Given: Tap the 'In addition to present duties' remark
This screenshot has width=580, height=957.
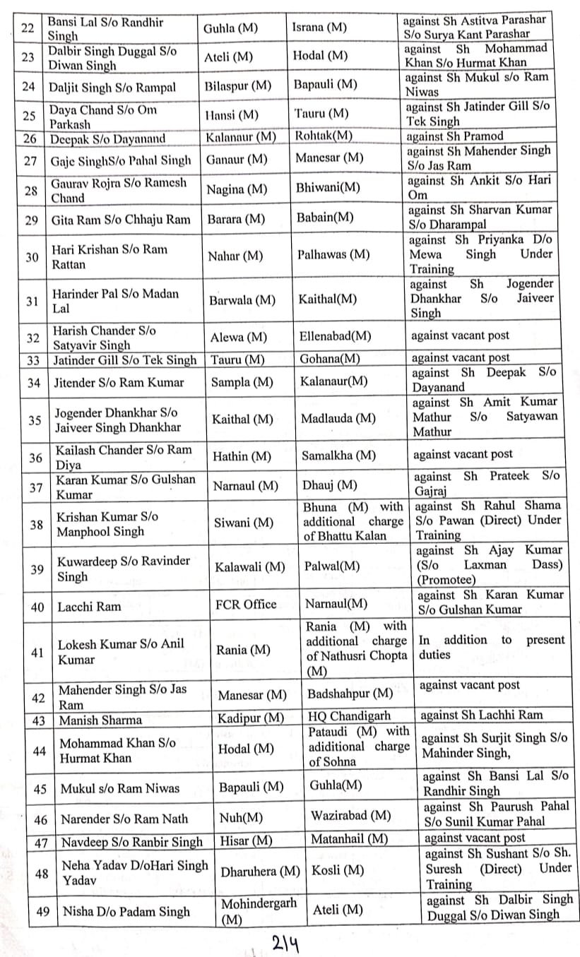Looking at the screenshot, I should tap(492, 647).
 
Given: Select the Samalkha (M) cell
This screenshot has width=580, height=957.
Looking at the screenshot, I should tap(338, 456).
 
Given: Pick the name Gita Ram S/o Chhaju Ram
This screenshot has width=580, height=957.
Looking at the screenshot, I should tap(121, 220).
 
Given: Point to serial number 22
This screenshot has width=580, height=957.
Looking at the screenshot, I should tap(28, 28).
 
